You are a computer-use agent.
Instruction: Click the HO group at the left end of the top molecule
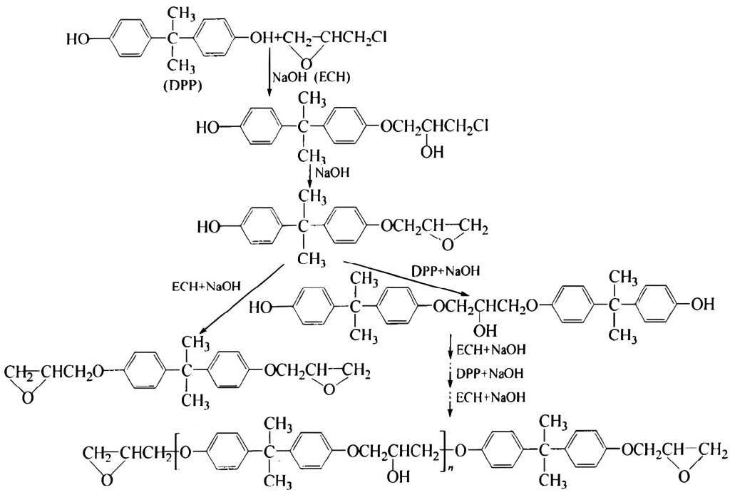coord(78,38)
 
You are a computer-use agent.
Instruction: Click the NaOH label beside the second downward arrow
coord(332,172)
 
